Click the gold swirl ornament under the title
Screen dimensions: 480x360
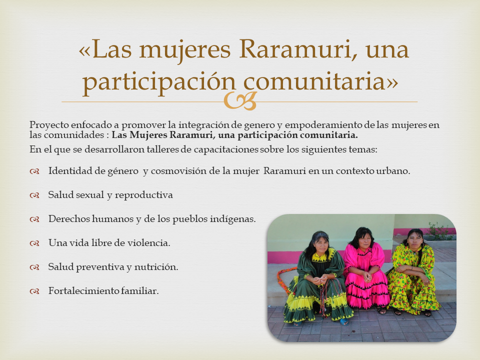[240, 101]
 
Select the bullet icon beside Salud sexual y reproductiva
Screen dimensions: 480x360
[34, 195]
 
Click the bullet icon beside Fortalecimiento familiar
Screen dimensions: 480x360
[34, 291]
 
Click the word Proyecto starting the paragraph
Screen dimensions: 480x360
[49, 125]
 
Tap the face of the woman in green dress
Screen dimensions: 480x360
[321, 244]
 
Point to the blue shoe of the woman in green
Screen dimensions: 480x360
[344, 321]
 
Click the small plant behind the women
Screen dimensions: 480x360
[438, 231]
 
